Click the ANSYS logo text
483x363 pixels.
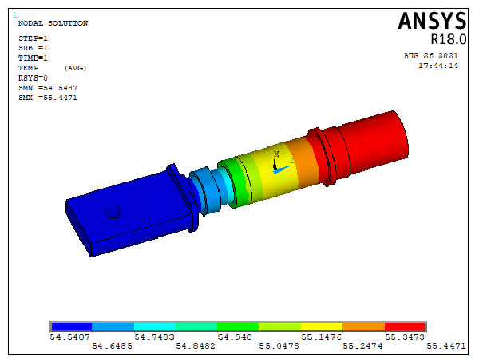432,21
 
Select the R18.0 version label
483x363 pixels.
449,39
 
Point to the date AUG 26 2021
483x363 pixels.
430,56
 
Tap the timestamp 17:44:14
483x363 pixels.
438,66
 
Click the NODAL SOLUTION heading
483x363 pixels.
53,23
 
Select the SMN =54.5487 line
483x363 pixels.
48,88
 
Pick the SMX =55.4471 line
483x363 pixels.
48,98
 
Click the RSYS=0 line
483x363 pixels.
33,78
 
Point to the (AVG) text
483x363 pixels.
76,68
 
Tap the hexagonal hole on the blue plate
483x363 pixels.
113,212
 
